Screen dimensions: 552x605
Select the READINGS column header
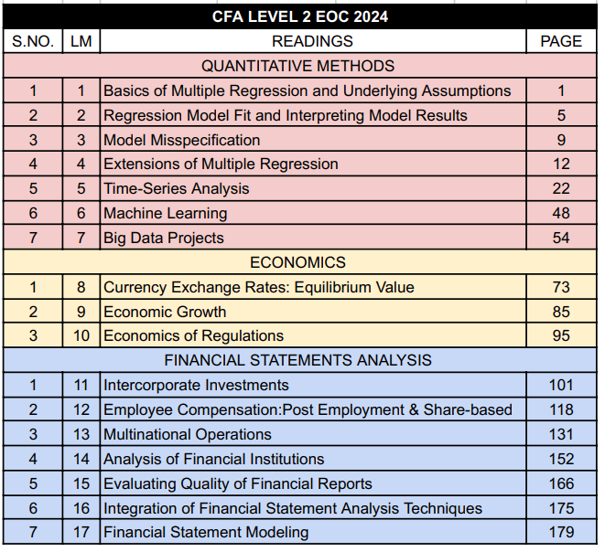click(312, 41)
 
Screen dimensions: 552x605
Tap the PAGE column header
click(561, 41)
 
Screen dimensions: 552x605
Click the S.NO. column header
click(33, 41)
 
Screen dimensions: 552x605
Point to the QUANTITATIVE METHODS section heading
click(298, 66)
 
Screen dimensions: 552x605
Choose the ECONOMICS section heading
click(298, 262)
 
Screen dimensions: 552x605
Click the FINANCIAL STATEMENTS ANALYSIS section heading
click(298, 360)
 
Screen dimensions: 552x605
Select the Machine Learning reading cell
click(166, 213)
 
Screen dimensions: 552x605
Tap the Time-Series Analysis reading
click(177, 188)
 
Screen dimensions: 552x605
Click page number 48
click(561, 213)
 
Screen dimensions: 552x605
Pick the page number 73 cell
click(561, 287)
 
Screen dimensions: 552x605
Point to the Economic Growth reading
click(165, 312)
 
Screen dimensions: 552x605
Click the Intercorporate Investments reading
click(196, 385)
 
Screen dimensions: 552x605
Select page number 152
click(561, 459)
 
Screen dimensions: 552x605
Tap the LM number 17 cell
click(81, 532)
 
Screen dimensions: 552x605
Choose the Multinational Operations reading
click(188, 434)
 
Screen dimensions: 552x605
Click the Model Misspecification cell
click(182, 140)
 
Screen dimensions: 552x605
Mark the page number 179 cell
click(561, 532)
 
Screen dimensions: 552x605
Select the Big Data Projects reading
click(164, 238)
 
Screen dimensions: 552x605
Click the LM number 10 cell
click(81, 335)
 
